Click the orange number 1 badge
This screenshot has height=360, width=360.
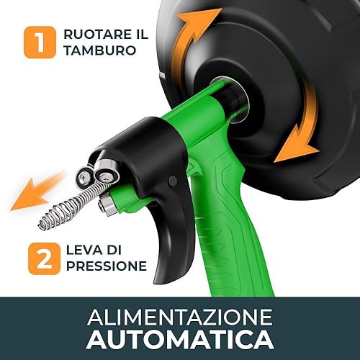click(40, 42)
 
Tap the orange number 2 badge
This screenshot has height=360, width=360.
click(44, 258)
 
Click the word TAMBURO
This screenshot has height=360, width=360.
click(100, 50)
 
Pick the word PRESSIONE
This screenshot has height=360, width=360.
click(107, 266)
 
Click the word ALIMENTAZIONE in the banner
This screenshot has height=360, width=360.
click(180, 317)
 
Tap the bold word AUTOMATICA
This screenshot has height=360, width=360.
click(180, 340)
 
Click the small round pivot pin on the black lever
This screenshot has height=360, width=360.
click(173, 181)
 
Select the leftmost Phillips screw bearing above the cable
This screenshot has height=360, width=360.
click(84, 177)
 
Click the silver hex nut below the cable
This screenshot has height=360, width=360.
click(106, 204)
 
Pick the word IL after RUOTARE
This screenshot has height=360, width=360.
click(140, 35)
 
